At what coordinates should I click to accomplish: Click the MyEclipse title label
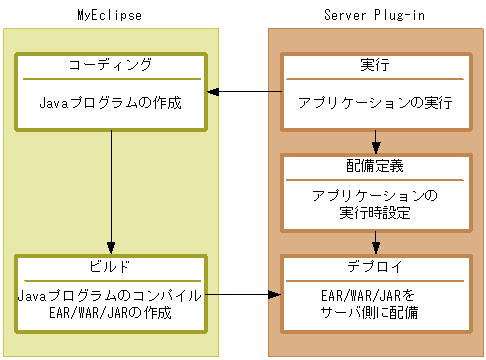pyautogui.click(x=111, y=14)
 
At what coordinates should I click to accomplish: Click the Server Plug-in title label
pyautogui.click(x=376, y=14)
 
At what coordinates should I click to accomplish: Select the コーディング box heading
pyautogui.click(x=111, y=65)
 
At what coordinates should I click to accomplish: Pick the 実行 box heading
pyautogui.click(x=375, y=65)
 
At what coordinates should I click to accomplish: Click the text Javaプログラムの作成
pyautogui.click(x=111, y=102)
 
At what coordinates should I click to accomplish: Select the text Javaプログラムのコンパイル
pyautogui.click(x=111, y=296)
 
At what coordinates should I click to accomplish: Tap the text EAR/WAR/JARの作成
pyautogui.click(x=111, y=313)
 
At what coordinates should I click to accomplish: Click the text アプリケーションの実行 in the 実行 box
pyautogui.click(x=375, y=102)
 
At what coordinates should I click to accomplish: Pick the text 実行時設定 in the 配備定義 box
pyautogui.click(x=375, y=213)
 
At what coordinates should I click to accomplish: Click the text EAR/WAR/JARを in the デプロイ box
pyautogui.click(x=375, y=296)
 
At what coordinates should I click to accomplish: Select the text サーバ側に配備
pyautogui.click(x=375, y=313)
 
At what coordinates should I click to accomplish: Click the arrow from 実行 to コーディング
pyautogui.click(x=244, y=92)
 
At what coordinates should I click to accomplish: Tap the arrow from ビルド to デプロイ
pyautogui.click(x=244, y=295)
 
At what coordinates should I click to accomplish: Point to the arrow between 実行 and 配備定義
pyautogui.click(x=375, y=141)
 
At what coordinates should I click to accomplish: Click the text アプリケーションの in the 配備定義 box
pyautogui.click(x=375, y=195)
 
